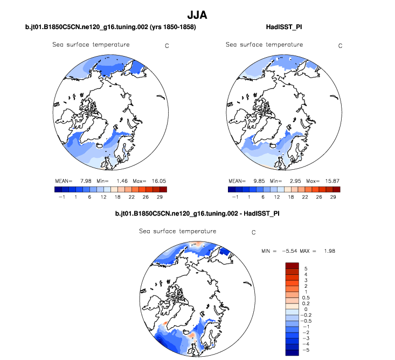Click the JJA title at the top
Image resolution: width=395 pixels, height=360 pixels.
(x=197, y=15)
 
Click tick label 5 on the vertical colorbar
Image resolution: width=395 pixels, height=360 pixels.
(x=306, y=268)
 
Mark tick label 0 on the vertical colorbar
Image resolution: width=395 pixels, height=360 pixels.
(x=306, y=309)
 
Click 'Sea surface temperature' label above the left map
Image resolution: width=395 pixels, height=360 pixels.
(x=91, y=45)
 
